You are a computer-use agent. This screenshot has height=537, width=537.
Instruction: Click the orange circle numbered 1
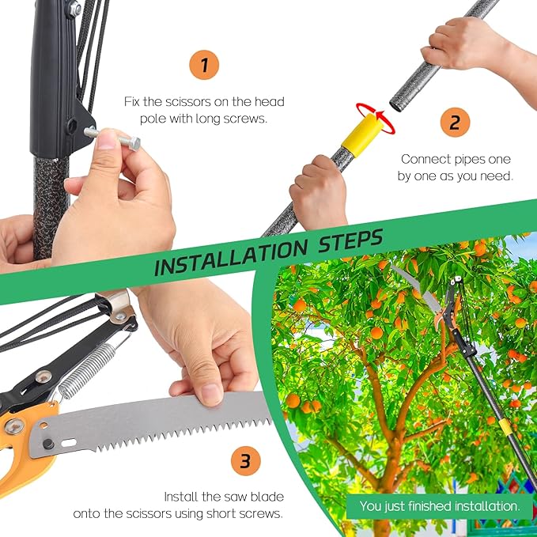coord(205,65)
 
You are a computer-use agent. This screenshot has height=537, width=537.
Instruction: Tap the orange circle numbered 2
coord(455,123)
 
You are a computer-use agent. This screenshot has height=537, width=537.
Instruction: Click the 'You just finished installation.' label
coord(440,505)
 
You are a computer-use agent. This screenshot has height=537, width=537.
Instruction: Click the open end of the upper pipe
coord(398,104)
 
